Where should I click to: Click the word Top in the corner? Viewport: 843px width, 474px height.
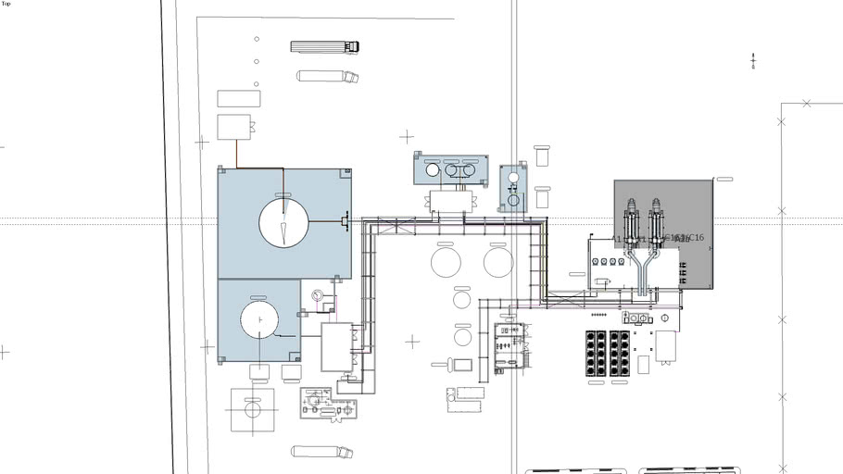tap(6, 4)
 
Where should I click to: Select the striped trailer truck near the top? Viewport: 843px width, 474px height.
tap(324, 46)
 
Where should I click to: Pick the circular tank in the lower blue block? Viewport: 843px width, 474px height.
tap(259, 319)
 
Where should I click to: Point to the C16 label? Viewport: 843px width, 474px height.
tap(695, 238)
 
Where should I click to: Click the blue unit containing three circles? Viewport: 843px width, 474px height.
tap(451, 168)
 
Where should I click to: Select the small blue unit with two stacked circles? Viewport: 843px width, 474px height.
tap(512, 188)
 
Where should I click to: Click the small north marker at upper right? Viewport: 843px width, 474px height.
tap(753, 62)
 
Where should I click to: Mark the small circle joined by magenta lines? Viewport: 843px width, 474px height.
tap(318, 296)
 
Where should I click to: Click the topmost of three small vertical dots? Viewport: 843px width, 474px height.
tap(257, 39)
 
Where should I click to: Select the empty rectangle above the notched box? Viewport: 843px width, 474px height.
tap(238, 98)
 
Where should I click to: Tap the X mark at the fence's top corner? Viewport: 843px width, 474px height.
tap(806, 103)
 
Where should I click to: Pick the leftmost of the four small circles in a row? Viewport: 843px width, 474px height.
tap(596, 262)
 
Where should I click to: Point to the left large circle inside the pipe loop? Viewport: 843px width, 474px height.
tap(446, 261)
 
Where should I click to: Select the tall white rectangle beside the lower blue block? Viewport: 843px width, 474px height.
tap(336, 346)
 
